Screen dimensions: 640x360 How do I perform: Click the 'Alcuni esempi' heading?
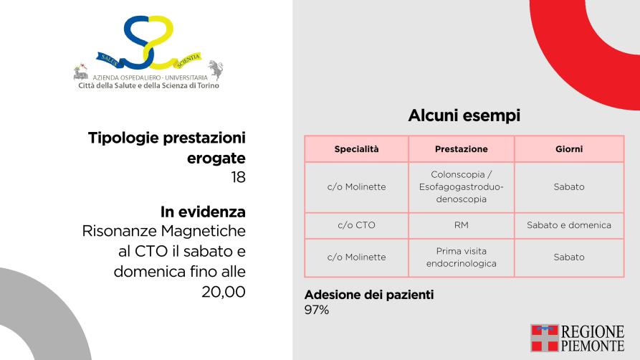pyautogui.click(x=464, y=115)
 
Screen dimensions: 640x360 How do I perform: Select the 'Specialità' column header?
pyautogui.click(x=356, y=149)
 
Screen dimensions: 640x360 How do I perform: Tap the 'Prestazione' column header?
pyautogui.click(x=462, y=149)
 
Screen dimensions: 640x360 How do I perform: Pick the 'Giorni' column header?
pyautogui.click(x=569, y=149)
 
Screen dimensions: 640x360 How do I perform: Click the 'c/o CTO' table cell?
pyautogui.click(x=356, y=225)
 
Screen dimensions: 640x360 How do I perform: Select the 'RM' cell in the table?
pyautogui.click(x=462, y=225)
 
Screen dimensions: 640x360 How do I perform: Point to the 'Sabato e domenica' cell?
pyautogui.click(x=569, y=225)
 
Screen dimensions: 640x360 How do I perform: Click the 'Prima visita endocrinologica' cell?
pyautogui.click(x=462, y=257)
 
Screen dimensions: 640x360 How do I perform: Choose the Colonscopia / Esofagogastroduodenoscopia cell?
pyautogui.click(x=462, y=186)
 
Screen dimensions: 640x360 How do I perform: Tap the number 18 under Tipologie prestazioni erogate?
pyautogui.click(x=238, y=177)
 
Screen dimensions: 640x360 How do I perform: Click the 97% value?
pyautogui.click(x=317, y=310)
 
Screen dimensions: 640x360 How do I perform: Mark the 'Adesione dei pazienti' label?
pyautogui.click(x=369, y=295)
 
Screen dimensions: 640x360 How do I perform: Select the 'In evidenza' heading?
pyautogui.click(x=203, y=212)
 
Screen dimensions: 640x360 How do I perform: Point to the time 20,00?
pyautogui.click(x=224, y=292)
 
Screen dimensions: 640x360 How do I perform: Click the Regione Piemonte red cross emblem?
pyautogui.click(x=545, y=338)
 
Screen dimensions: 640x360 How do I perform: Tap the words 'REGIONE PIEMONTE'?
pyautogui.click(x=593, y=338)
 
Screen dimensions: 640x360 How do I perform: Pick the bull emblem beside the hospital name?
pyautogui.click(x=215, y=69)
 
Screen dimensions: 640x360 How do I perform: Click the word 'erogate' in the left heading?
pyautogui.click(x=216, y=158)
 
